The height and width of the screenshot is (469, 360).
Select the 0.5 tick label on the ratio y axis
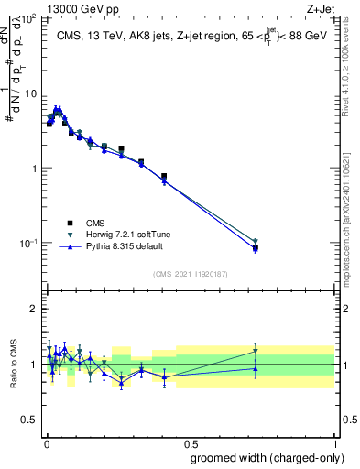click(31, 420)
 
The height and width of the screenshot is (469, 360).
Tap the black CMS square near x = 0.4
click(164, 176)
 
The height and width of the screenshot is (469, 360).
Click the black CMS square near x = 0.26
click(121, 148)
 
